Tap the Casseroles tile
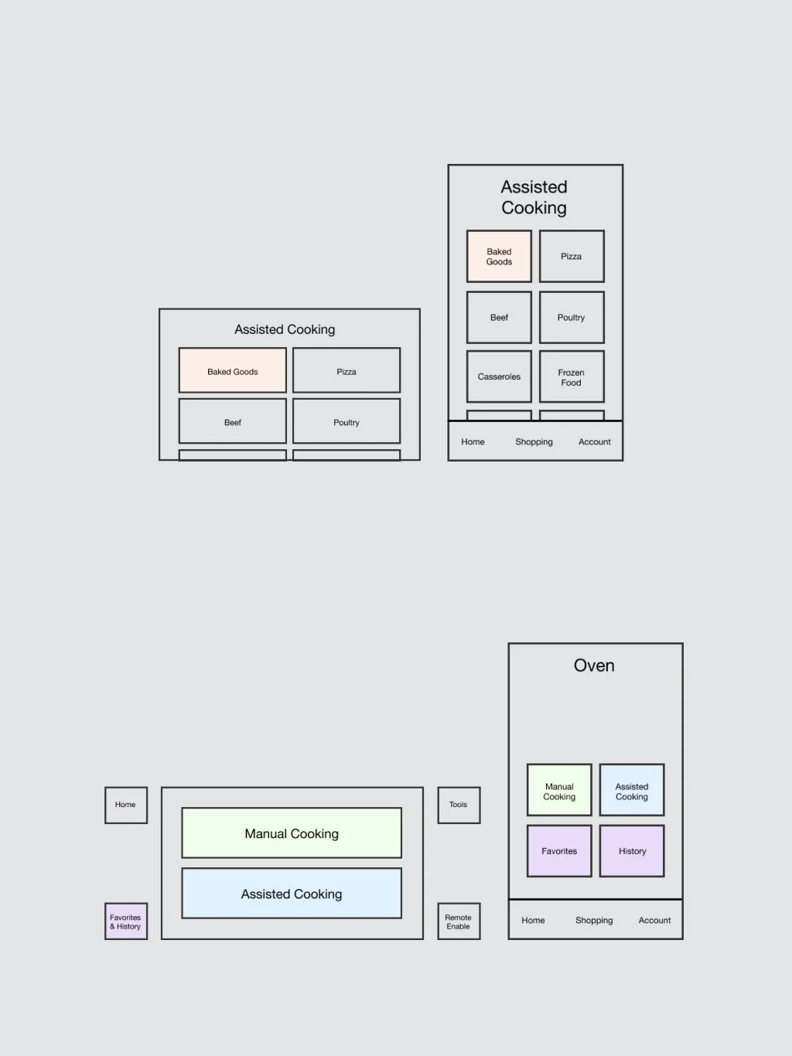click(499, 376)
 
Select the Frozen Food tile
click(572, 376)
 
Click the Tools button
click(459, 805)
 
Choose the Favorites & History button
click(125, 921)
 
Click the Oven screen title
click(594, 666)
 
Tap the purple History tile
click(632, 850)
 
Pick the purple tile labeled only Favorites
click(559, 850)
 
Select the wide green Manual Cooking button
click(292, 833)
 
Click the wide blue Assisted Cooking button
click(292, 894)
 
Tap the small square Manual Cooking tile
click(559, 789)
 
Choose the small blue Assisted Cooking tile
click(632, 789)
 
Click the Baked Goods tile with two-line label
click(499, 256)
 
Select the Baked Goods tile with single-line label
click(232, 370)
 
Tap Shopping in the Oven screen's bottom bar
click(594, 920)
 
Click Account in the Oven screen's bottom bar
click(654, 920)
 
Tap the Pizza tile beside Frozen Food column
click(572, 256)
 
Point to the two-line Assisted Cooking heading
click(534, 197)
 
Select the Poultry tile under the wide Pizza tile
click(346, 421)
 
